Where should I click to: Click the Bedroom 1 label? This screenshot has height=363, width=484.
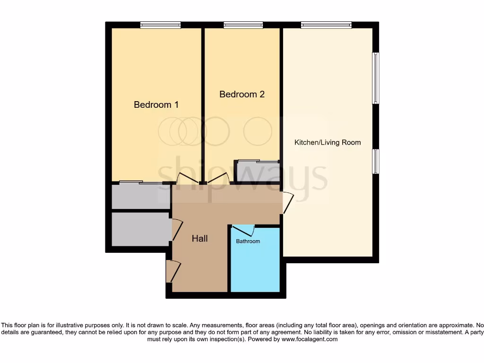[156, 105]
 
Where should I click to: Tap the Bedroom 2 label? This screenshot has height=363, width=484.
[242, 95]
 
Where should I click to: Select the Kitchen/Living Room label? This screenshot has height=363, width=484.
[328, 142]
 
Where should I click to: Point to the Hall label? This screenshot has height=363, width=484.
[199, 239]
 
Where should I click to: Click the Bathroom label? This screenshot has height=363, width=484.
[248, 242]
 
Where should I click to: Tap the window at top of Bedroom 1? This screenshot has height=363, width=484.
[160, 25]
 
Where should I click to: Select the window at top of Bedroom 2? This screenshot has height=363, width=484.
[243, 25]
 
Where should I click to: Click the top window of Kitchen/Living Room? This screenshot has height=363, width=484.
[326, 25]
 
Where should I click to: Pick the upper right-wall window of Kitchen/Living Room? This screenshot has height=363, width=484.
[376, 78]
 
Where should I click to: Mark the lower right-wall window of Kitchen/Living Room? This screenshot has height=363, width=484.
[376, 161]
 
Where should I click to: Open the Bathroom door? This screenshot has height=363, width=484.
[244, 230]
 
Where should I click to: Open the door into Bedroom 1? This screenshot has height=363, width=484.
[186, 179]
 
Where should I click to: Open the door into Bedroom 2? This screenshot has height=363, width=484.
[218, 179]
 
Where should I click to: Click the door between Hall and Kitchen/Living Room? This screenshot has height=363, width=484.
[287, 202]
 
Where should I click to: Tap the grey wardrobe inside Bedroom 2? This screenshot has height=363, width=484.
[257, 171]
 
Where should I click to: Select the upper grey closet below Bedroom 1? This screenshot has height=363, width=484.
[140, 196]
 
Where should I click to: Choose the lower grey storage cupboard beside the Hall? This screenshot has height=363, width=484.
[140, 229]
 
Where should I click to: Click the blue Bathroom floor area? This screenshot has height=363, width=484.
[255, 267]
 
